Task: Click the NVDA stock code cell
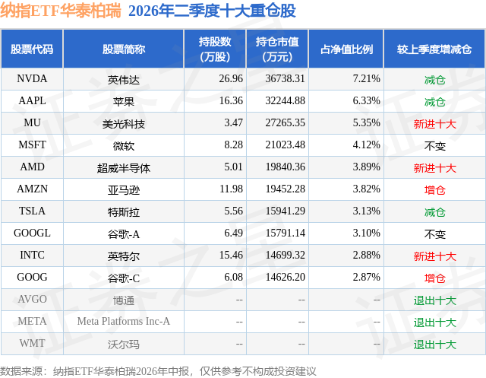[x=32, y=79]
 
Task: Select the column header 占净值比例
[x=346, y=49]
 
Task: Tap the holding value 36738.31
[x=286, y=79]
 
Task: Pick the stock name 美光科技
[x=123, y=124]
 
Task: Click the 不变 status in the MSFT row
[x=434, y=146]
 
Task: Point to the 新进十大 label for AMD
[x=434, y=168]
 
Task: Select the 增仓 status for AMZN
[x=434, y=190]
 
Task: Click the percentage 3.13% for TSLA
[x=366, y=211]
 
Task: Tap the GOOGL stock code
[x=32, y=233]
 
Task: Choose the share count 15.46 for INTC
[x=231, y=255]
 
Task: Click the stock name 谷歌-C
[x=123, y=278]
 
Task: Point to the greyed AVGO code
[x=32, y=299]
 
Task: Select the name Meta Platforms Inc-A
[x=123, y=321]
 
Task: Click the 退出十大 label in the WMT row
[x=434, y=345]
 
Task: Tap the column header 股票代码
[x=32, y=49]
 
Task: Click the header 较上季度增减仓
[x=434, y=49]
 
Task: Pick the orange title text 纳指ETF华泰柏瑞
[x=61, y=11]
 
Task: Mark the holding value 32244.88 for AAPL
[x=286, y=101]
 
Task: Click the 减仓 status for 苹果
[x=434, y=102]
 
